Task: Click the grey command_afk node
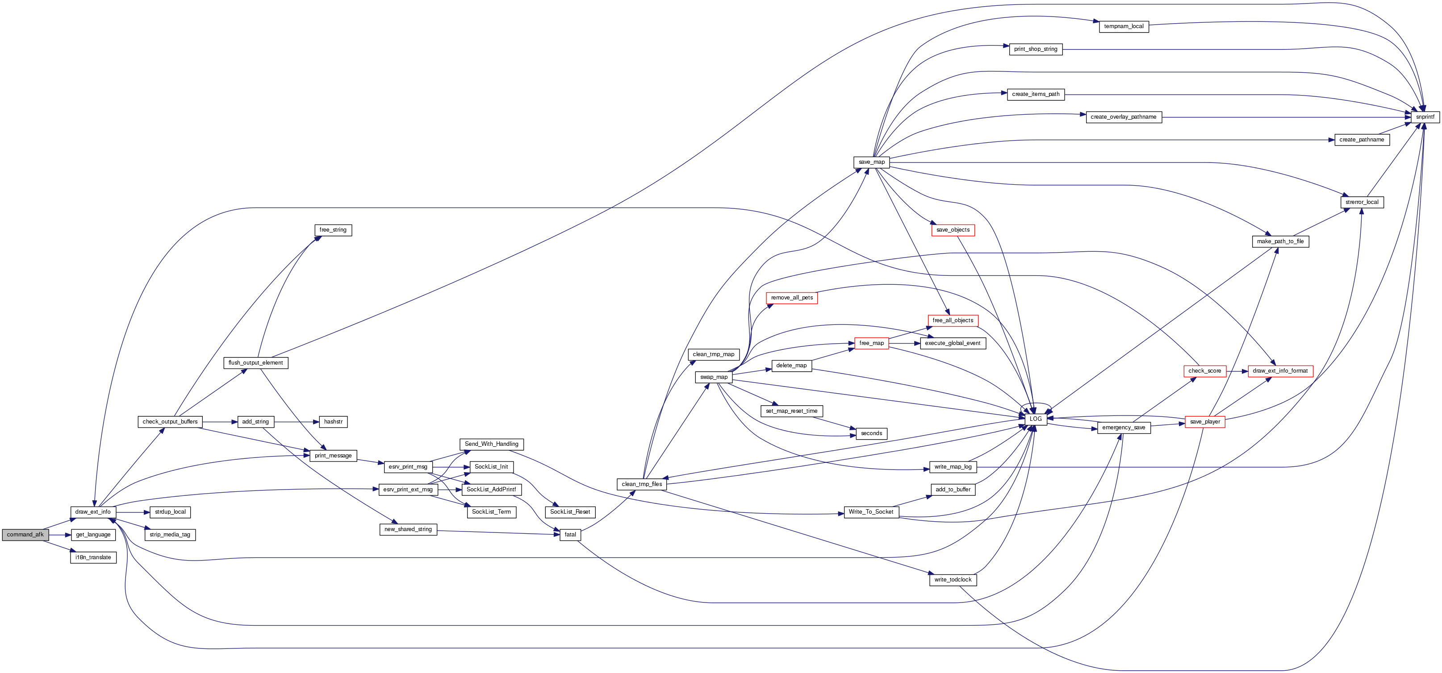[x=25, y=535]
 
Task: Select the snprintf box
[x=1425, y=117]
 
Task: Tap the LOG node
[x=1035, y=419]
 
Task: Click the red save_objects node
[x=953, y=230]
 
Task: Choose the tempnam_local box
[x=1124, y=26]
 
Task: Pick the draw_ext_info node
[x=93, y=512]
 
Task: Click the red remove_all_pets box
[x=791, y=298]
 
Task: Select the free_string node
[x=333, y=230]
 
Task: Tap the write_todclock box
[x=953, y=580]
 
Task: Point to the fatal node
[x=570, y=535]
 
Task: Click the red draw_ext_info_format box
[x=1279, y=371]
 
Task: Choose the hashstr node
[x=333, y=422]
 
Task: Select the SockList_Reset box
[x=570, y=512]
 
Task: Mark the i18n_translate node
[x=93, y=558]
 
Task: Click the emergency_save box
[x=1124, y=428]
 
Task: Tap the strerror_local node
[x=1361, y=202]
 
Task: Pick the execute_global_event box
[x=952, y=343]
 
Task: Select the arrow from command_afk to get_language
[x=60, y=535]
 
